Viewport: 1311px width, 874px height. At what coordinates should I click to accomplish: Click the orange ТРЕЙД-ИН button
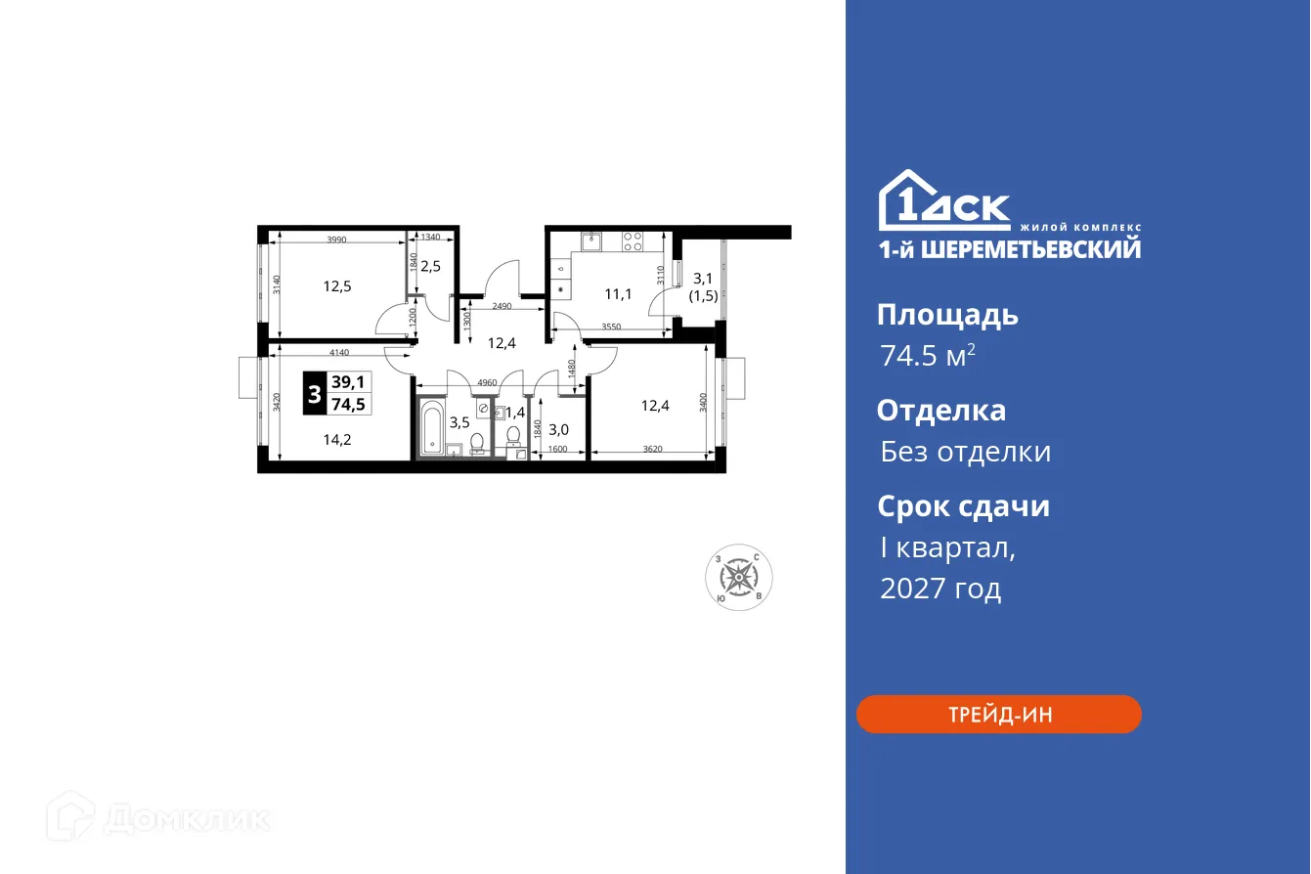[x=998, y=715]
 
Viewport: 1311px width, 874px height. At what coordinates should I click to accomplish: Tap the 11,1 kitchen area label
[x=617, y=291]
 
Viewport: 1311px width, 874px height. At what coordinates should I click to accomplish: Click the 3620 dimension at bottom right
[x=652, y=450]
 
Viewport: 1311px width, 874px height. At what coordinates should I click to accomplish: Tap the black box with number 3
[x=313, y=395]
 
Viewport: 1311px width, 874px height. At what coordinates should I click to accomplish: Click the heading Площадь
[x=946, y=315]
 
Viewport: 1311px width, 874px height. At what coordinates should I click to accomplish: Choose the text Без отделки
[x=965, y=452]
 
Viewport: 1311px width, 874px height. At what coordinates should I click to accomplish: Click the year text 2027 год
[x=940, y=589]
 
